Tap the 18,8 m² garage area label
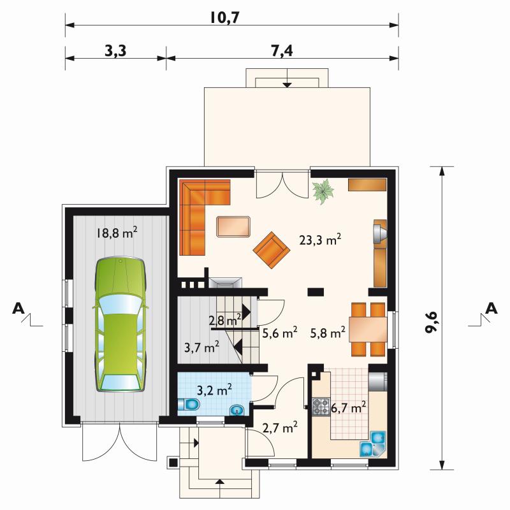[117, 233]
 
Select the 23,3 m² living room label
[320, 240]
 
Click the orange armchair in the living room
[272, 250]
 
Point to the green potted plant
[323, 193]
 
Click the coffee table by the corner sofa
[233, 227]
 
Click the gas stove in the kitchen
[321, 407]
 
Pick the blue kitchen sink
[373, 443]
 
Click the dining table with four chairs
[368, 329]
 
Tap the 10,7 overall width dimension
[225, 18]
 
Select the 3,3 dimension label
[115, 51]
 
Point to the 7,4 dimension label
[282, 51]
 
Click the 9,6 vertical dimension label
[432, 323]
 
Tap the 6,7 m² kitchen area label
[348, 407]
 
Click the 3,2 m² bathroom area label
[214, 390]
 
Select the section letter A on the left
[18, 308]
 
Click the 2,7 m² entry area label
[280, 427]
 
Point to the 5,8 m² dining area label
[328, 333]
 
